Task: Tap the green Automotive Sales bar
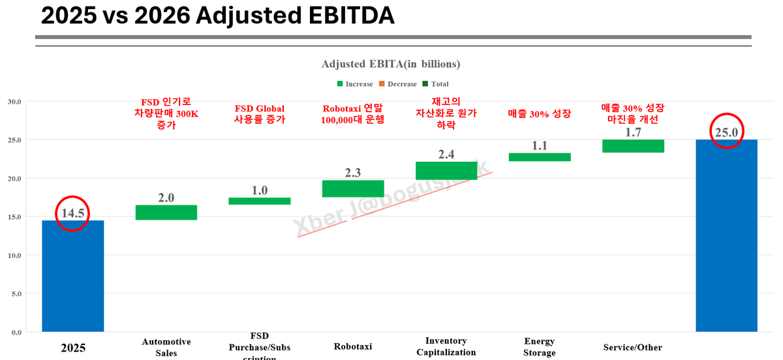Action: pyautogui.click(x=166, y=213)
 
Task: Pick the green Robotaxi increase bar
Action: pyautogui.click(x=353, y=188)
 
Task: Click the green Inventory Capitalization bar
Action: pyautogui.click(x=446, y=171)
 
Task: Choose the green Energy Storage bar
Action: pyautogui.click(x=540, y=157)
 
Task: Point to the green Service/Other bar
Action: pyautogui.click(x=633, y=146)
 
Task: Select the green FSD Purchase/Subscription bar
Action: pyautogui.click(x=260, y=201)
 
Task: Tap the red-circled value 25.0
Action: pyautogui.click(x=726, y=132)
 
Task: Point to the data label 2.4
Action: pyautogui.click(x=446, y=155)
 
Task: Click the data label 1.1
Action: pyautogui.click(x=540, y=145)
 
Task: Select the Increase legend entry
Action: pyautogui.click(x=355, y=84)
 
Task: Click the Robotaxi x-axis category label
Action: pyautogui.click(x=352, y=346)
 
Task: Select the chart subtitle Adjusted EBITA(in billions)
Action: pyautogui.click(x=391, y=64)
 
